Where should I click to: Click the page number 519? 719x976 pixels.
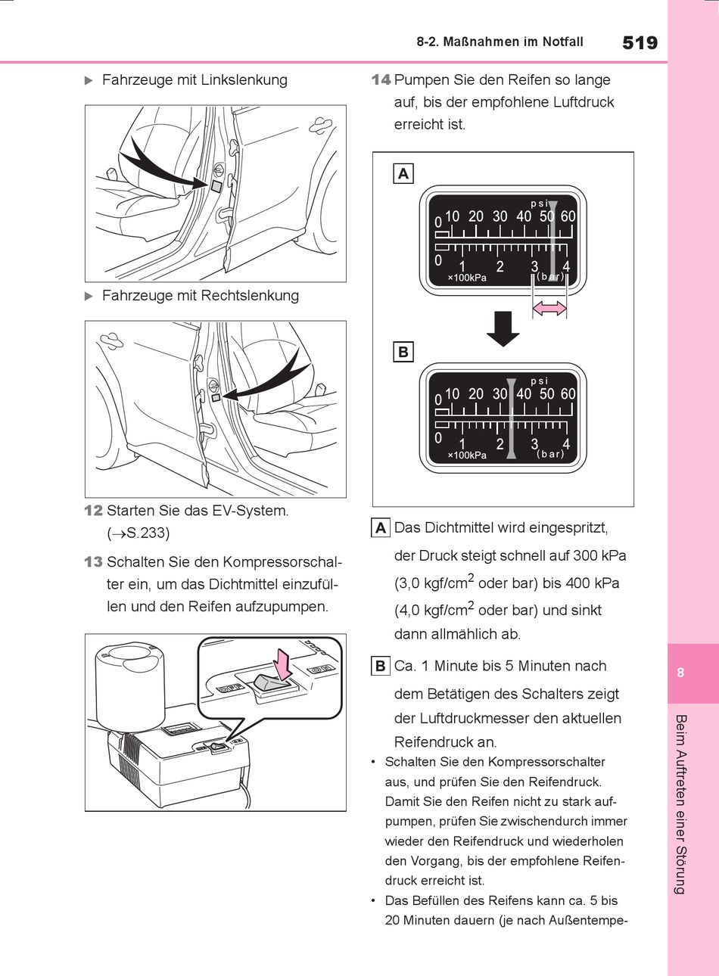[640, 42]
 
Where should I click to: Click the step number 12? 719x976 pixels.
[93, 511]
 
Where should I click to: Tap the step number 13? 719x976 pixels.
[93, 562]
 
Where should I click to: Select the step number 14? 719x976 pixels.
[381, 79]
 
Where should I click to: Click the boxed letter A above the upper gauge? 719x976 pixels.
[403, 173]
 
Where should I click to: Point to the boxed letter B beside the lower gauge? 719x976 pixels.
[403, 352]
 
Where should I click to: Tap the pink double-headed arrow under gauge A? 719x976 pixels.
[549, 308]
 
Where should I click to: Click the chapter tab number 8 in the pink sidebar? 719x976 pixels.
[680, 673]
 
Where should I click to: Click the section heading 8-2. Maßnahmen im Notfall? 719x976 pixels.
[500, 42]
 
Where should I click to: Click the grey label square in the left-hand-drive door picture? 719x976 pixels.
[216, 185]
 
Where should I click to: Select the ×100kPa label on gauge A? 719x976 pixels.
[467, 278]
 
